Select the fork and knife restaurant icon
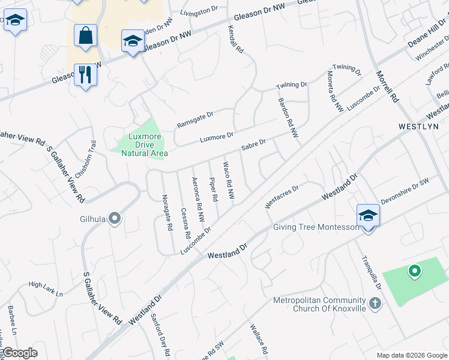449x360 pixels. click(85, 75)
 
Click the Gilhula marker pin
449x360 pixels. click(114, 220)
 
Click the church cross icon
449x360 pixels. click(375, 304)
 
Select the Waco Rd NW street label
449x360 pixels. click(229, 180)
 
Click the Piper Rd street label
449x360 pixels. click(213, 188)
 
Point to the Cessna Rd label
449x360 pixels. click(186, 223)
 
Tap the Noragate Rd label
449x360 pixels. click(168, 212)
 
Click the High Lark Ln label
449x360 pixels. click(46, 289)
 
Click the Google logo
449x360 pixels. click(20, 353)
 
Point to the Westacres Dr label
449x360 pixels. click(282, 196)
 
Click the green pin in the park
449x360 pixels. click(414, 272)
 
